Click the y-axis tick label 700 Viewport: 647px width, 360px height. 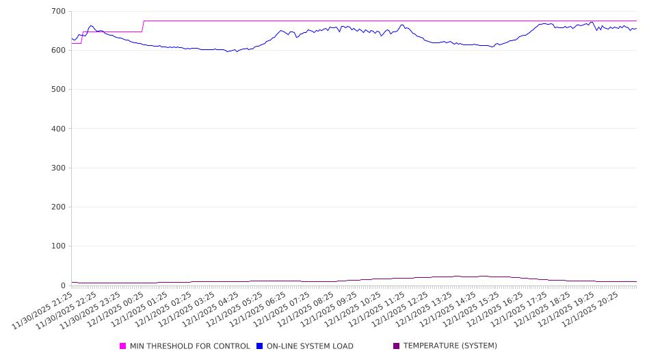58,12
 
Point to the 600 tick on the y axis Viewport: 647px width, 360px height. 58,51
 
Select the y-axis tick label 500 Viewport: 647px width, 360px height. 58,90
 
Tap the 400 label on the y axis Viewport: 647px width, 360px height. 58,129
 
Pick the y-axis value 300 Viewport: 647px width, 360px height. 58,168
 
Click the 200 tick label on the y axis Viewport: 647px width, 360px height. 58,207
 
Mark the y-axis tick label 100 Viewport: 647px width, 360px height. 58,246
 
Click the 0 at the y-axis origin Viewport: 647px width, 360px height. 63,285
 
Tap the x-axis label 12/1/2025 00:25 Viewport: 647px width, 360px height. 114,310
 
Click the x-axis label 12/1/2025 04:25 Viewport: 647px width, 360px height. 209,310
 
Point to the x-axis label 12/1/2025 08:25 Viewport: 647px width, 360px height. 303,310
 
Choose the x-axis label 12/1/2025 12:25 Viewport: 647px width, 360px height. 397,310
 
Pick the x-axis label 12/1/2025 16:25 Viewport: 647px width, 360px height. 492,310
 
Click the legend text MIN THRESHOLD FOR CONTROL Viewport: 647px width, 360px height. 189,346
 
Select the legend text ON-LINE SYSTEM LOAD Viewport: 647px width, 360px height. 310,346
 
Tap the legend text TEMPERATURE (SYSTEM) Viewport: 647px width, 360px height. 450,346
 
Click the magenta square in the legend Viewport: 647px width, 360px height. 123,346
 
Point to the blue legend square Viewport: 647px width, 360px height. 260,346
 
